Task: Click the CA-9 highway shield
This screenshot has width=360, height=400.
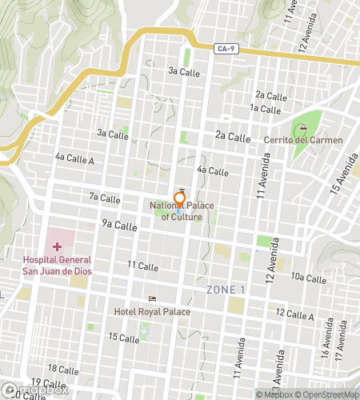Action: [226, 50]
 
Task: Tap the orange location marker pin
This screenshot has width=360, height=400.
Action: [180, 200]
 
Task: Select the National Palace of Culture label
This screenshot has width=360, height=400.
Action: [182, 211]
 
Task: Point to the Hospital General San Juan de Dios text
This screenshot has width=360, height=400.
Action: [57, 265]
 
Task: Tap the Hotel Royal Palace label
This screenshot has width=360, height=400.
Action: [152, 311]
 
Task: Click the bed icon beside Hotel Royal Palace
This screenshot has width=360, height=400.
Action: [152, 299]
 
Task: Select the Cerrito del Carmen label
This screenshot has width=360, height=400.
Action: [303, 141]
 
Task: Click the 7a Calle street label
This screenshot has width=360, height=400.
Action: [105, 198]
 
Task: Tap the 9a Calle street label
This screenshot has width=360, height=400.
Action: [120, 226]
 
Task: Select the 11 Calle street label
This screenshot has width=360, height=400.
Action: [143, 266]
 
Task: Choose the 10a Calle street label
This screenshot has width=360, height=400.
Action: [308, 278]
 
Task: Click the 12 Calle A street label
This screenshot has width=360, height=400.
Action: [294, 314]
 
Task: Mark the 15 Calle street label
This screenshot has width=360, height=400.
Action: [124, 338]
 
